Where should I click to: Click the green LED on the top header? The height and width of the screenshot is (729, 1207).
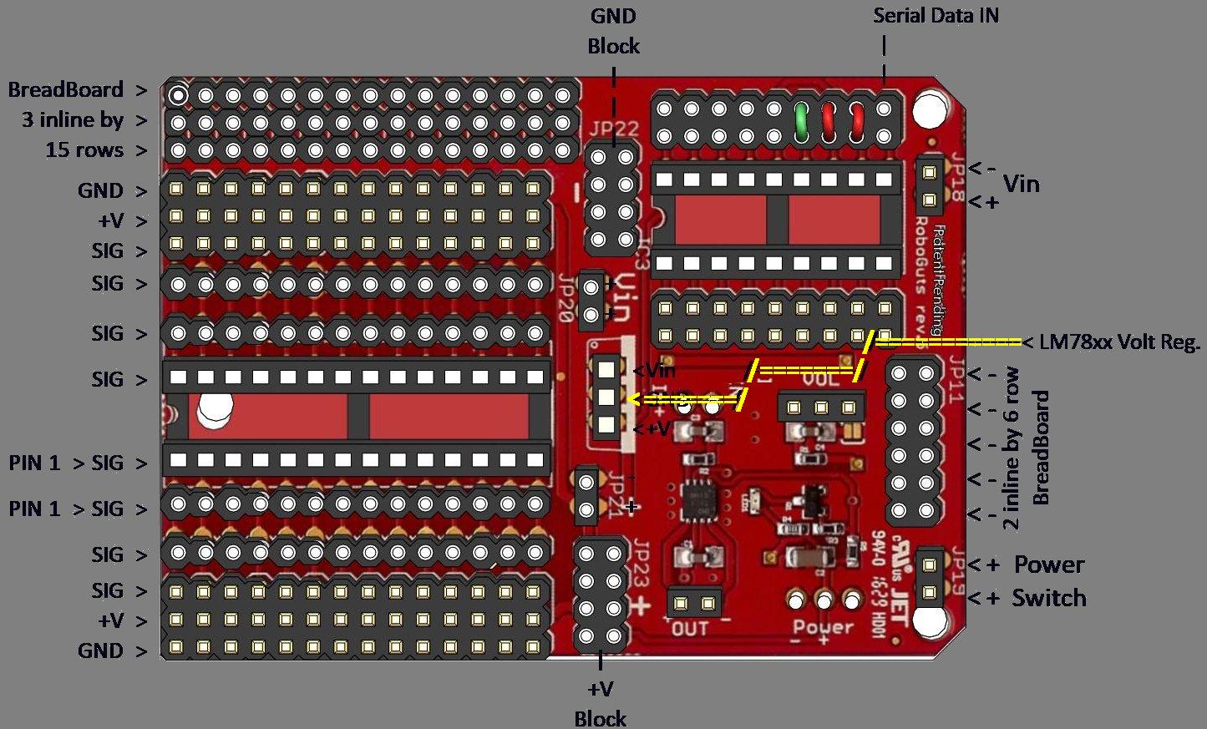pos(801,121)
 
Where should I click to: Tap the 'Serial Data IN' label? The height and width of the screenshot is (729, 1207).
pos(936,15)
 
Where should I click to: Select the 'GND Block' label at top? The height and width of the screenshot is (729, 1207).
pos(613,31)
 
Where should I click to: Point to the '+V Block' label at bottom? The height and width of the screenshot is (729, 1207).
pos(601,704)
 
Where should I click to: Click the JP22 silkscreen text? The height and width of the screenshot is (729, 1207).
pos(613,129)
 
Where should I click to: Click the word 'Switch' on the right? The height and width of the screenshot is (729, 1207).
pos(1048,598)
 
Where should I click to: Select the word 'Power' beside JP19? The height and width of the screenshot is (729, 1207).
pos(1048,564)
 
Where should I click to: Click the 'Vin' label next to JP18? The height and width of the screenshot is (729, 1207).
pos(1021,184)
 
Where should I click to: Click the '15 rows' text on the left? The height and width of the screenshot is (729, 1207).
pos(84,150)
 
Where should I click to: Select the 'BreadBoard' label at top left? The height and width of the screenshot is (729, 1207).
pos(65,89)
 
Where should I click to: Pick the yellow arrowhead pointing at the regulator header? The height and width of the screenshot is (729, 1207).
pos(635,399)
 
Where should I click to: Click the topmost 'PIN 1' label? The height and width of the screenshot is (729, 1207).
pos(34,463)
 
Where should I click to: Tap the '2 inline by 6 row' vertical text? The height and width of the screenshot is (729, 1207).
pos(1011,448)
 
